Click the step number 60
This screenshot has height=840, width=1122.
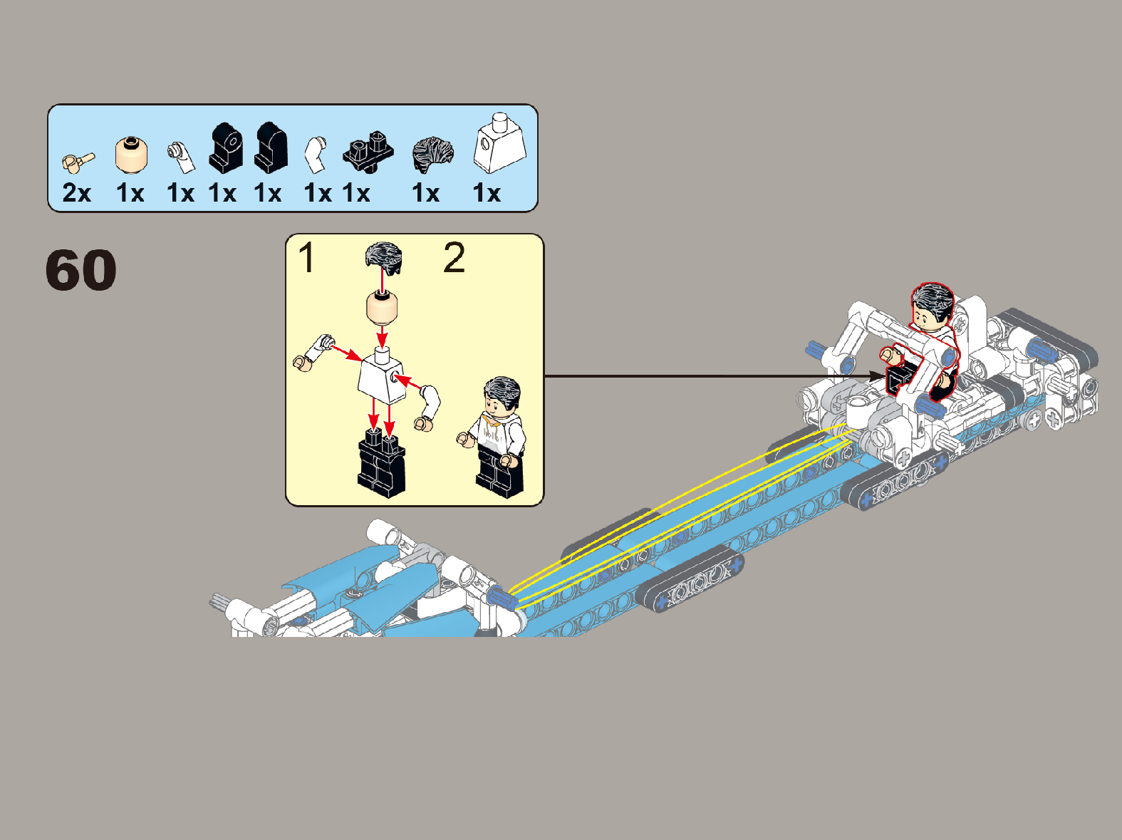click(80, 270)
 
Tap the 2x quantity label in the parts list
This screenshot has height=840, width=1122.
click(77, 193)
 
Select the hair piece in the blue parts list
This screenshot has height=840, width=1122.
click(432, 155)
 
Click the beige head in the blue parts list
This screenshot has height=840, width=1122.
click(131, 155)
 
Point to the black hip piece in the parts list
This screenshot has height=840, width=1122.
click(368, 151)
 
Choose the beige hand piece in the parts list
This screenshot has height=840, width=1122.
click(78, 162)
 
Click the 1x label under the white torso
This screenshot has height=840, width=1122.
click(487, 193)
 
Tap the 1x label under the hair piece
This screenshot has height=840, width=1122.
click(426, 193)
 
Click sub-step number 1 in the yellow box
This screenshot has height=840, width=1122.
click(306, 258)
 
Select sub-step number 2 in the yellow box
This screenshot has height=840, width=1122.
click(454, 258)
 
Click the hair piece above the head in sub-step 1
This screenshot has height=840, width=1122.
click(384, 258)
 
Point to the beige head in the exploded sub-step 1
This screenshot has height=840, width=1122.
click(383, 308)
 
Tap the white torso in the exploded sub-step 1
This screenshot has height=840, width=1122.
click(382, 376)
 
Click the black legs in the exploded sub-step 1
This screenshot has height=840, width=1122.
click(381, 462)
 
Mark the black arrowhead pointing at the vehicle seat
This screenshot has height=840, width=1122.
click(878, 377)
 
